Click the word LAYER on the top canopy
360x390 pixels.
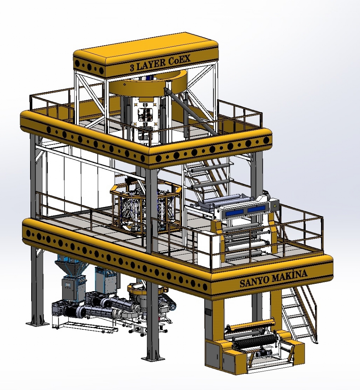click(x=150, y=64)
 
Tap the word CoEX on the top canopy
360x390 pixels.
click(x=179, y=60)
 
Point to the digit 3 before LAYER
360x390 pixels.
click(x=132, y=67)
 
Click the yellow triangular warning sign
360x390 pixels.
click(x=275, y=206)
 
